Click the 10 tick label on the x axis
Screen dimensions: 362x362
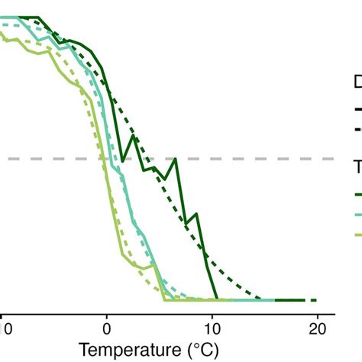(212, 329)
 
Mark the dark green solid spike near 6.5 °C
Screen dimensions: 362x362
(176, 159)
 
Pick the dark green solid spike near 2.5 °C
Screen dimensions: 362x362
(134, 137)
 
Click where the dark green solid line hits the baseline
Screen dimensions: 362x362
(218, 299)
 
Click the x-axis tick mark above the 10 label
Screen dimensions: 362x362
(212, 315)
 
